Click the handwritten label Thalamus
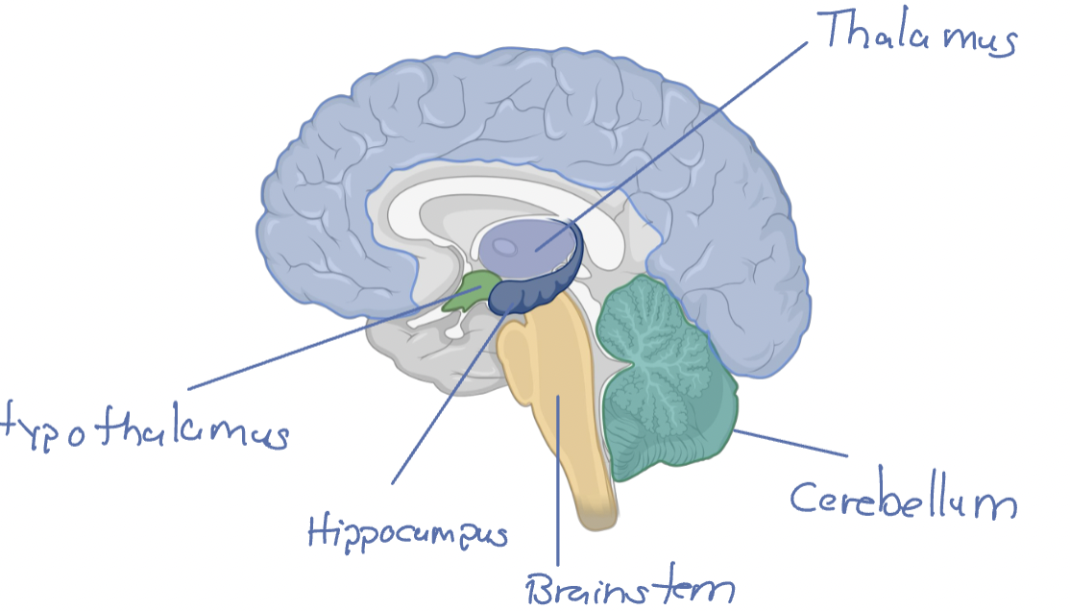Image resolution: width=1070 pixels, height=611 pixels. (918, 36)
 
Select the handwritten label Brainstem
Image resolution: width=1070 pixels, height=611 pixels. (630, 585)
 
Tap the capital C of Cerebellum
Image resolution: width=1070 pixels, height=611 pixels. (805, 497)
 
